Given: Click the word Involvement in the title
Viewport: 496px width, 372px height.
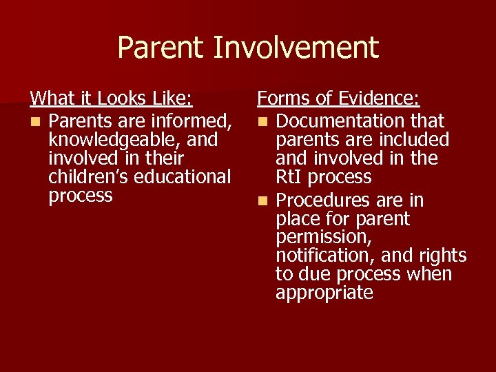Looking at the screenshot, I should (x=296, y=48).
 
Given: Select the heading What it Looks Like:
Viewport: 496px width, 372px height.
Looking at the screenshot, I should (x=111, y=99).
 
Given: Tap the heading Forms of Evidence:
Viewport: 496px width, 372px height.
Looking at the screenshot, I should (x=338, y=99).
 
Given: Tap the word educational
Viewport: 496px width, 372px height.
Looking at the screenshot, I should (x=183, y=177).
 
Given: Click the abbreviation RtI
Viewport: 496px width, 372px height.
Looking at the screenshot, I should (x=289, y=177).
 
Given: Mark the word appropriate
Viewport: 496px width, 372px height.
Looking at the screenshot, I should (x=324, y=293).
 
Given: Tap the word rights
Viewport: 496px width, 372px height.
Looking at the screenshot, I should (x=441, y=256).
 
